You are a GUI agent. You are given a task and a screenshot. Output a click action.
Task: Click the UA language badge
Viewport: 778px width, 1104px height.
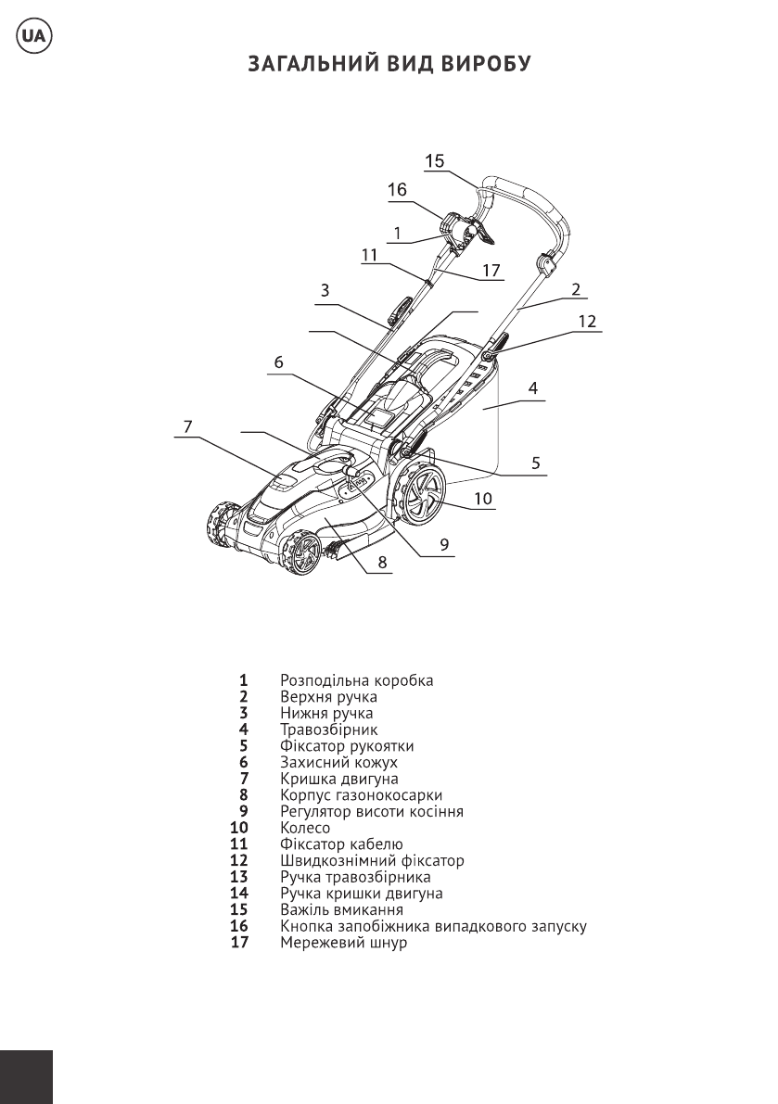point(32,36)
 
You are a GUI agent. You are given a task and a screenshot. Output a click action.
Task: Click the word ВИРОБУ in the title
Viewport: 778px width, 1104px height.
point(486,64)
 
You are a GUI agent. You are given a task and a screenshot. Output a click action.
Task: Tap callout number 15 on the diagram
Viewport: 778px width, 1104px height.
point(434,160)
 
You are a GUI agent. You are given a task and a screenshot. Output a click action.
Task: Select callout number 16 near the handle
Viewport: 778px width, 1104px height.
point(397,189)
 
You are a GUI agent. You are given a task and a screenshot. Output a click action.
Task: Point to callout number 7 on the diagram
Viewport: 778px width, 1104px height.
point(187,426)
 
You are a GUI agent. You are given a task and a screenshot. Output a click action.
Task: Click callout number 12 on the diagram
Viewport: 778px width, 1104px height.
point(586,321)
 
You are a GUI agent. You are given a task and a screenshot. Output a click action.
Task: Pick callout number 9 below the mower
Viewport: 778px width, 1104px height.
point(443,544)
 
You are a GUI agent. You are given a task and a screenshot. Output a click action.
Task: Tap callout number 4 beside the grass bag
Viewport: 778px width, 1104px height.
point(533,387)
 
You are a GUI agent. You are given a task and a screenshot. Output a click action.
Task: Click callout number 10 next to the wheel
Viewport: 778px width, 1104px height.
point(483,499)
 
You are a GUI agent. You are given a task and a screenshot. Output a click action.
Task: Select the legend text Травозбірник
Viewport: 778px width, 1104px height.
point(329,730)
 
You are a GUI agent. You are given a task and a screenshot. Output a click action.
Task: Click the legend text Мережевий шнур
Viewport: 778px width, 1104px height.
point(344,942)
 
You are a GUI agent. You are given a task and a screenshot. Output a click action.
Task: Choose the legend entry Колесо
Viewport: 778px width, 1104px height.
point(305,827)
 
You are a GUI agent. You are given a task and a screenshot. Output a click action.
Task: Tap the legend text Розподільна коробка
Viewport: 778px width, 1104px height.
point(357,681)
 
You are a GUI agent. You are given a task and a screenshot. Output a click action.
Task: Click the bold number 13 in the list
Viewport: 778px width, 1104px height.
point(239,877)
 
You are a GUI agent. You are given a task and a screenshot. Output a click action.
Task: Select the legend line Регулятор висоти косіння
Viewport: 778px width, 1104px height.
point(372,811)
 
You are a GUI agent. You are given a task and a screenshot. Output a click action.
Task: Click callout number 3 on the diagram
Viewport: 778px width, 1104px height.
point(325,290)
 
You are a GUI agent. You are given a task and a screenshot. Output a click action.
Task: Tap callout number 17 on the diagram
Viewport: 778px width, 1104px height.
point(491,271)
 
